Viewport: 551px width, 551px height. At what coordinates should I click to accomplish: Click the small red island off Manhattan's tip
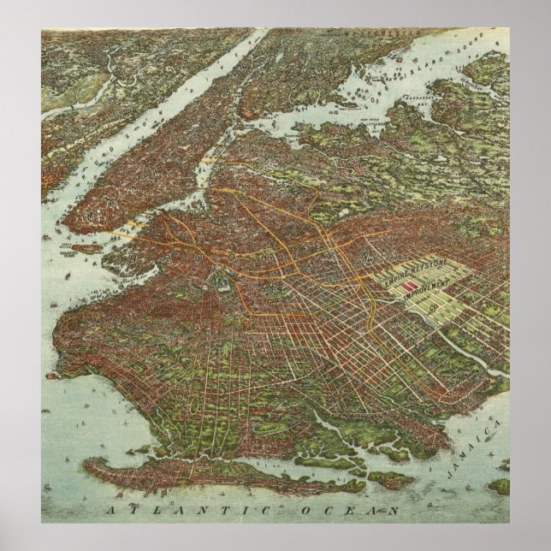86,248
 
